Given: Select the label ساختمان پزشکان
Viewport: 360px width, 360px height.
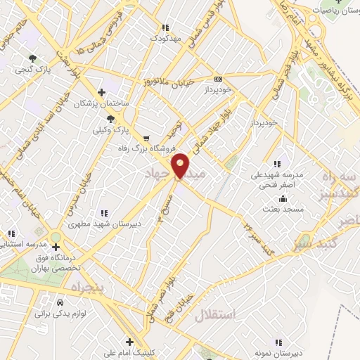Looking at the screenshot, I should (103, 103).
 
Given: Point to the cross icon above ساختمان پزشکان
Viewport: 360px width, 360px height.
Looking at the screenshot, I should (102, 92).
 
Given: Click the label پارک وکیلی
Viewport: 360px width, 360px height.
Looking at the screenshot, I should (112, 130).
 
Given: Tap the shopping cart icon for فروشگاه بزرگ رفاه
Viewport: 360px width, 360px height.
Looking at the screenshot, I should (146, 138).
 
